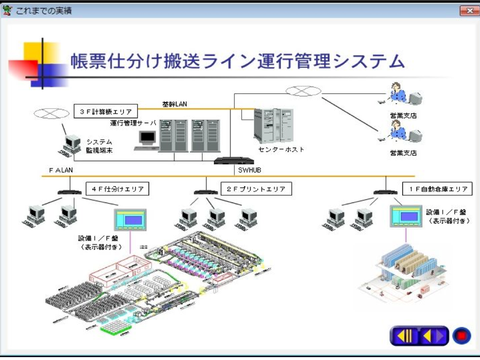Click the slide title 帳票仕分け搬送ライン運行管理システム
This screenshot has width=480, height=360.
[238, 61]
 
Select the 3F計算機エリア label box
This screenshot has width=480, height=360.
[106, 112]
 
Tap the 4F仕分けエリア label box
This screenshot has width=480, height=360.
[117, 189]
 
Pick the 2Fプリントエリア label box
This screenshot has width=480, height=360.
[256, 189]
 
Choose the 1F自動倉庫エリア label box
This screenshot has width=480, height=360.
[438, 189]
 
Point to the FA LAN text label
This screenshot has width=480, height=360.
[61, 170]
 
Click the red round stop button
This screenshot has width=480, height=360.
[461, 336]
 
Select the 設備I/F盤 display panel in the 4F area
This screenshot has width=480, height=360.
[130, 220]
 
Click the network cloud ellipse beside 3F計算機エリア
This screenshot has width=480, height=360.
[51, 113]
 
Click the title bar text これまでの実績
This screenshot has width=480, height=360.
[44, 11]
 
